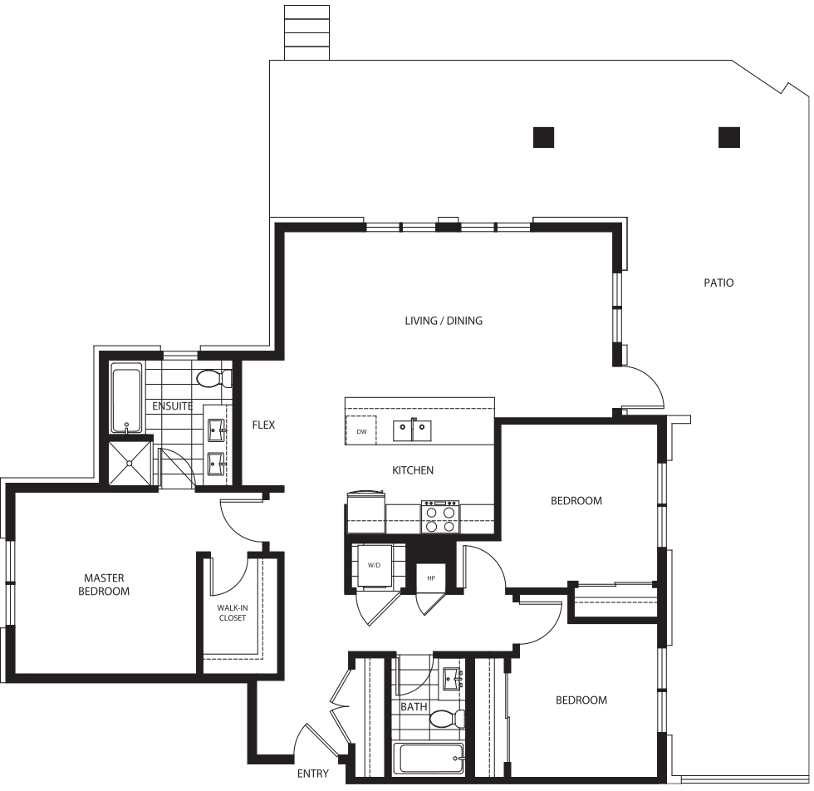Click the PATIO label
pos(718,282)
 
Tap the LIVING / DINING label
pos(444,321)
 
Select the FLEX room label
pos(263,425)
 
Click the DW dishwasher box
pos(361,431)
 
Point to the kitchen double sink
pos(412,430)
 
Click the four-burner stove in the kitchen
pos(440,517)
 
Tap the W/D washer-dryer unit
pos(374,565)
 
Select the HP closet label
pos(431,578)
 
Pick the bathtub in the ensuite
pos(126,397)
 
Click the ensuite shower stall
pos(130,463)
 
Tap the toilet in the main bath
pos(447,720)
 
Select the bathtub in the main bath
pos(429,759)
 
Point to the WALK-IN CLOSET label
pos(232,613)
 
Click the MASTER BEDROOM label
pos(104,584)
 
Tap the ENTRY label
pos(312,774)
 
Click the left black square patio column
pos(543,138)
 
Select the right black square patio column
pos(729,138)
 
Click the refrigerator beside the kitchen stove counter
pos(366,512)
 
